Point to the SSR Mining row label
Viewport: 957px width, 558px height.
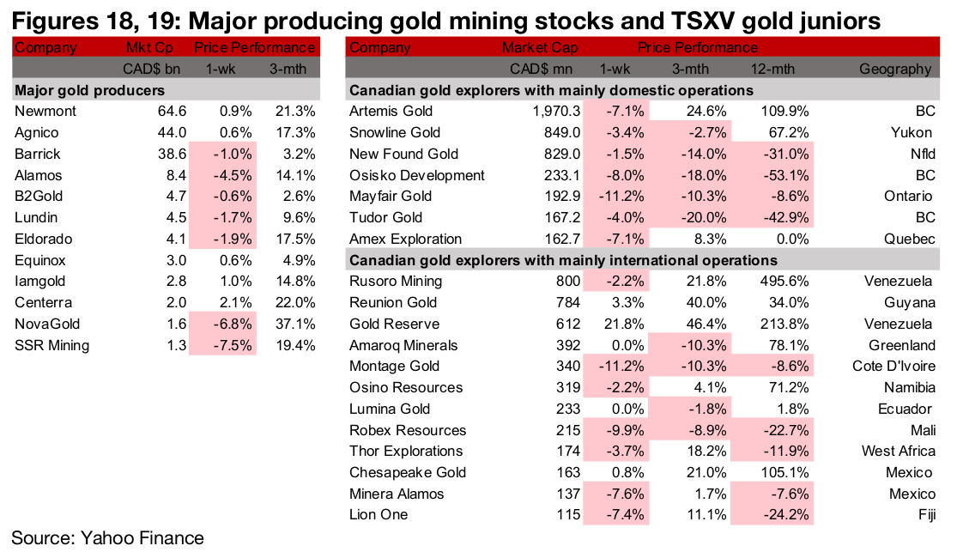(x=51, y=345)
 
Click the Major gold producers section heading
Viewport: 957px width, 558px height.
(x=90, y=90)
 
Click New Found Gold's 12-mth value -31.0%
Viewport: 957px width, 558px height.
(x=785, y=154)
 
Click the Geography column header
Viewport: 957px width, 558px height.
(x=896, y=70)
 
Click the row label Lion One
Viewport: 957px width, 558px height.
(x=379, y=514)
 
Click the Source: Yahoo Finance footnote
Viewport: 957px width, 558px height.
(x=107, y=538)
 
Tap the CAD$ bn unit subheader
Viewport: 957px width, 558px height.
(x=148, y=70)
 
